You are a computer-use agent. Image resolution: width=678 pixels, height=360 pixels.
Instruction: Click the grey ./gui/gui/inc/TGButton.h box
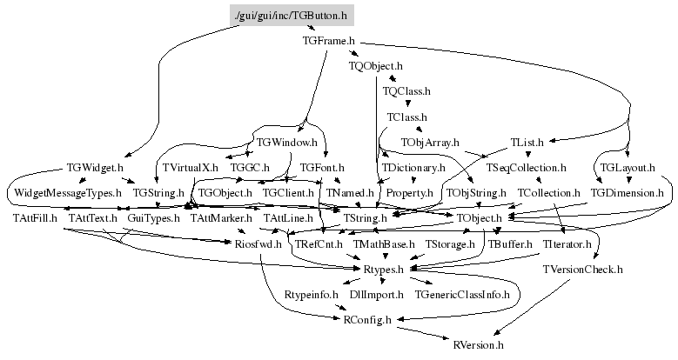[x=292, y=16]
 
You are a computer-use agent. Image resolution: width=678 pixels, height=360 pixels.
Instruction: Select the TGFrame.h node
[x=328, y=41]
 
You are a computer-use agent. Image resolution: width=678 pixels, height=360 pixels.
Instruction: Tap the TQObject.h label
[x=376, y=65]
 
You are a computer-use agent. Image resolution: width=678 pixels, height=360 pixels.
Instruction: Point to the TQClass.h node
[x=406, y=90]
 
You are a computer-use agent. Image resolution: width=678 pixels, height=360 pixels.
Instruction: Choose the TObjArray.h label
[x=430, y=141]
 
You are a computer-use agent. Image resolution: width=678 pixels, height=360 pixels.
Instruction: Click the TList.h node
[x=527, y=141]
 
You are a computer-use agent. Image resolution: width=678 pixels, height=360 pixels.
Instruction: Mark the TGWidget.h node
[x=95, y=166]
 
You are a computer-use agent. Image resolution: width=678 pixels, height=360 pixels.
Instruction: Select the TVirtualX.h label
[x=189, y=166]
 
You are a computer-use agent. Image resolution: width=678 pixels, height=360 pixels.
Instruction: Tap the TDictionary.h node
[x=413, y=166]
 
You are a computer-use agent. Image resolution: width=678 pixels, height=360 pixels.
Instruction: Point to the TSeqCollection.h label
[x=527, y=166]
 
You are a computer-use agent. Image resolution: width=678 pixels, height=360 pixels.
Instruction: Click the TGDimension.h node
[x=627, y=191]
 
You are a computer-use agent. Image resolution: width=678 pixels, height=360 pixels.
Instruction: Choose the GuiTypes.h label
[x=153, y=217]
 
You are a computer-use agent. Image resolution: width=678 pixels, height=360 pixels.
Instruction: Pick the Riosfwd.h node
[x=258, y=245]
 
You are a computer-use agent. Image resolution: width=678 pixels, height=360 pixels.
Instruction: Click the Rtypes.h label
[x=383, y=270]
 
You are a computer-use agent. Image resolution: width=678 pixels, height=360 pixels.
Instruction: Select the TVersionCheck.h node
[x=582, y=270]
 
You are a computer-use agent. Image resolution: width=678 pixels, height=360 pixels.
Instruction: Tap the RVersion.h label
[x=479, y=345]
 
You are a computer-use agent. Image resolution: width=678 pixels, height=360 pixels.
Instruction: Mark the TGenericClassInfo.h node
[x=462, y=296]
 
